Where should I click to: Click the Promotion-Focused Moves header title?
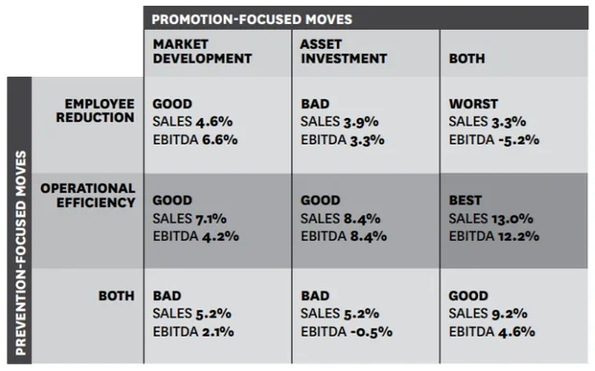pyautogui.click(x=252, y=19)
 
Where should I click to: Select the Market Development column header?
pyautogui.click(x=202, y=52)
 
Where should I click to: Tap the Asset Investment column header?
pyautogui.click(x=344, y=52)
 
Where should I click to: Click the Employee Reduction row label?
pyautogui.click(x=95, y=110)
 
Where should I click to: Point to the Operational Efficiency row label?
pyautogui.click(x=88, y=196)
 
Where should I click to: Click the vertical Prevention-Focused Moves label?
pyautogui.click(x=20, y=253)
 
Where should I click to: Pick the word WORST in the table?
pyautogui.click(x=473, y=104)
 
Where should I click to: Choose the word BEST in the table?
pyautogui.click(x=465, y=200)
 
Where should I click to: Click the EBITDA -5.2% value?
pyautogui.click(x=494, y=140)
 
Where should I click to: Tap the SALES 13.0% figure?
pyautogui.click(x=491, y=219)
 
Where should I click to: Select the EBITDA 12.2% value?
pyautogui.click(x=494, y=236)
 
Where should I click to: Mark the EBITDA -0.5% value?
pyautogui.click(x=346, y=332)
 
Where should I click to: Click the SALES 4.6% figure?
pyautogui.click(x=193, y=122)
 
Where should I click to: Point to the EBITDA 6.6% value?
pyautogui.click(x=196, y=140)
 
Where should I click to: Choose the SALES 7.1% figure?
pyautogui.click(x=190, y=219)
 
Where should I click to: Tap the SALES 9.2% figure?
pyautogui.click(x=488, y=313)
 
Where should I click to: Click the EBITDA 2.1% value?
pyautogui.click(x=194, y=332)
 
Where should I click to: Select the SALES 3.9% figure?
pyautogui.click(x=340, y=122)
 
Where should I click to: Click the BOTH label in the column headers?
pyautogui.click(x=467, y=58)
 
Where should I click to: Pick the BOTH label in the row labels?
pyautogui.click(x=116, y=295)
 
